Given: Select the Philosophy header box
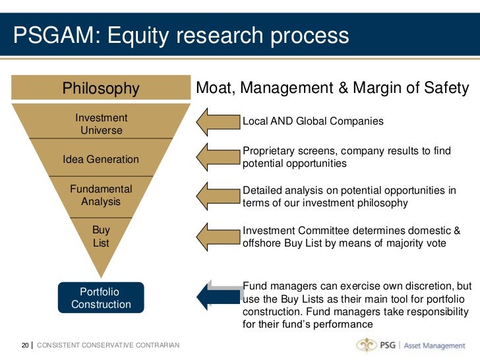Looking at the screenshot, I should tap(101, 88).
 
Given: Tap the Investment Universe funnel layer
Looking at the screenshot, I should tap(101, 124).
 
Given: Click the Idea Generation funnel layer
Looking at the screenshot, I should tap(101, 159).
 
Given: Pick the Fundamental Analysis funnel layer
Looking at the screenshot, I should tap(101, 195).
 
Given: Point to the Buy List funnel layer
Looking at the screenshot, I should tap(101, 236).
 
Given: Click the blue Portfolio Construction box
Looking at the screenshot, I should tap(101, 298).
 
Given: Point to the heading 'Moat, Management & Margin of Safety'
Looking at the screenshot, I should tap(333, 88).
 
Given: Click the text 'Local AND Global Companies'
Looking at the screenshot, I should tap(313, 122).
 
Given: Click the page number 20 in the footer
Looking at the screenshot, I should tap(24, 345).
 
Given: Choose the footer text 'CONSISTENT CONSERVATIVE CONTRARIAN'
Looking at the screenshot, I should tap(108, 345).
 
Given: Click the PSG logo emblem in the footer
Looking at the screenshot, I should tap(367, 345).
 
